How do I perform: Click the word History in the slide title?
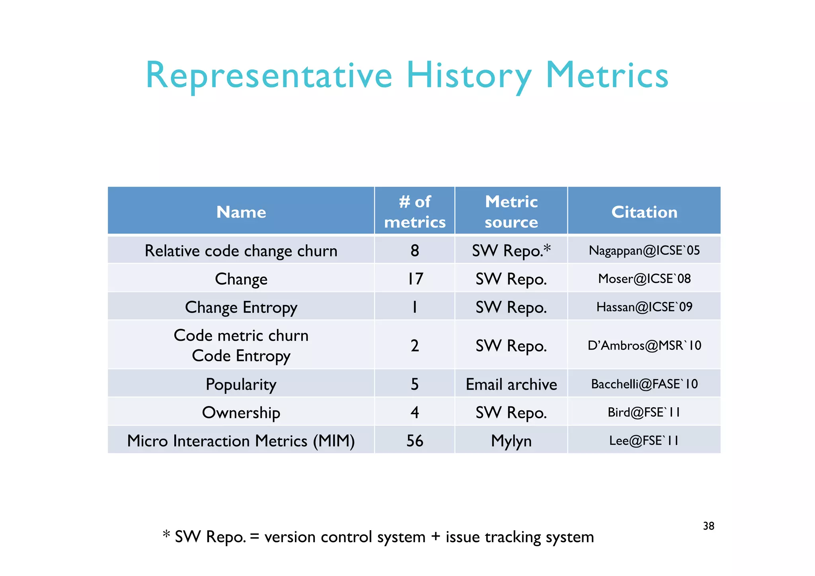(x=468, y=76)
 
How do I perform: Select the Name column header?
(x=241, y=212)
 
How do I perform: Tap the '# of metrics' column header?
(x=415, y=212)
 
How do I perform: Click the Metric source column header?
(x=511, y=212)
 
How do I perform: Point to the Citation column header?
(x=644, y=212)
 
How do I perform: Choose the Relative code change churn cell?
(x=241, y=251)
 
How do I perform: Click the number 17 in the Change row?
(x=415, y=279)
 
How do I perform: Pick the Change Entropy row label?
(x=241, y=307)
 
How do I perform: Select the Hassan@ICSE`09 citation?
(x=644, y=307)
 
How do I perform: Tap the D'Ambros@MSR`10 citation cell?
(x=644, y=345)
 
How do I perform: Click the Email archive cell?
(x=511, y=384)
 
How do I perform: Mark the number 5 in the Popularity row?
(x=415, y=384)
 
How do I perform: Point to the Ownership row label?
(x=241, y=412)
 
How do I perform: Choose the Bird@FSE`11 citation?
(x=644, y=412)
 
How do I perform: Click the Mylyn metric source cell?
(x=511, y=441)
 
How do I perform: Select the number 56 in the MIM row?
(x=415, y=441)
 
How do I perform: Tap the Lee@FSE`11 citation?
(x=644, y=440)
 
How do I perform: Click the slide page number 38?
(x=709, y=526)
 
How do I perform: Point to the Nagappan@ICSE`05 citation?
(x=644, y=250)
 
